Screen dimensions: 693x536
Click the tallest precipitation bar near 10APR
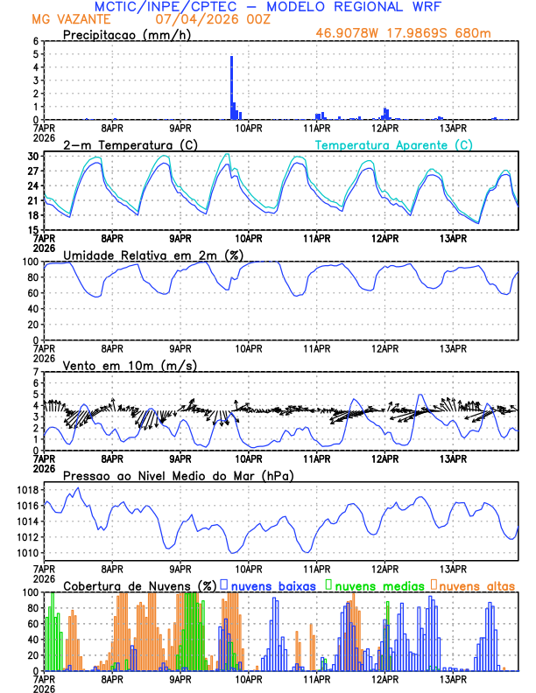[x=231, y=87]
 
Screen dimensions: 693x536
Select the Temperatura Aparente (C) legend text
[x=393, y=144]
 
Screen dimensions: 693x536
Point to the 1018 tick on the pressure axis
[x=29, y=490]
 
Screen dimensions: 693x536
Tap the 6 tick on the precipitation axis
[x=35, y=41]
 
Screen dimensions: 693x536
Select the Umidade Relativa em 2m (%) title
[x=154, y=255]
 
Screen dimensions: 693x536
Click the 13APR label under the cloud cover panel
[x=452, y=679]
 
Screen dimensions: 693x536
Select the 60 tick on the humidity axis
[x=33, y=293]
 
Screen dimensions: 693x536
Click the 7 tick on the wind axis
[x=35, y=372]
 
